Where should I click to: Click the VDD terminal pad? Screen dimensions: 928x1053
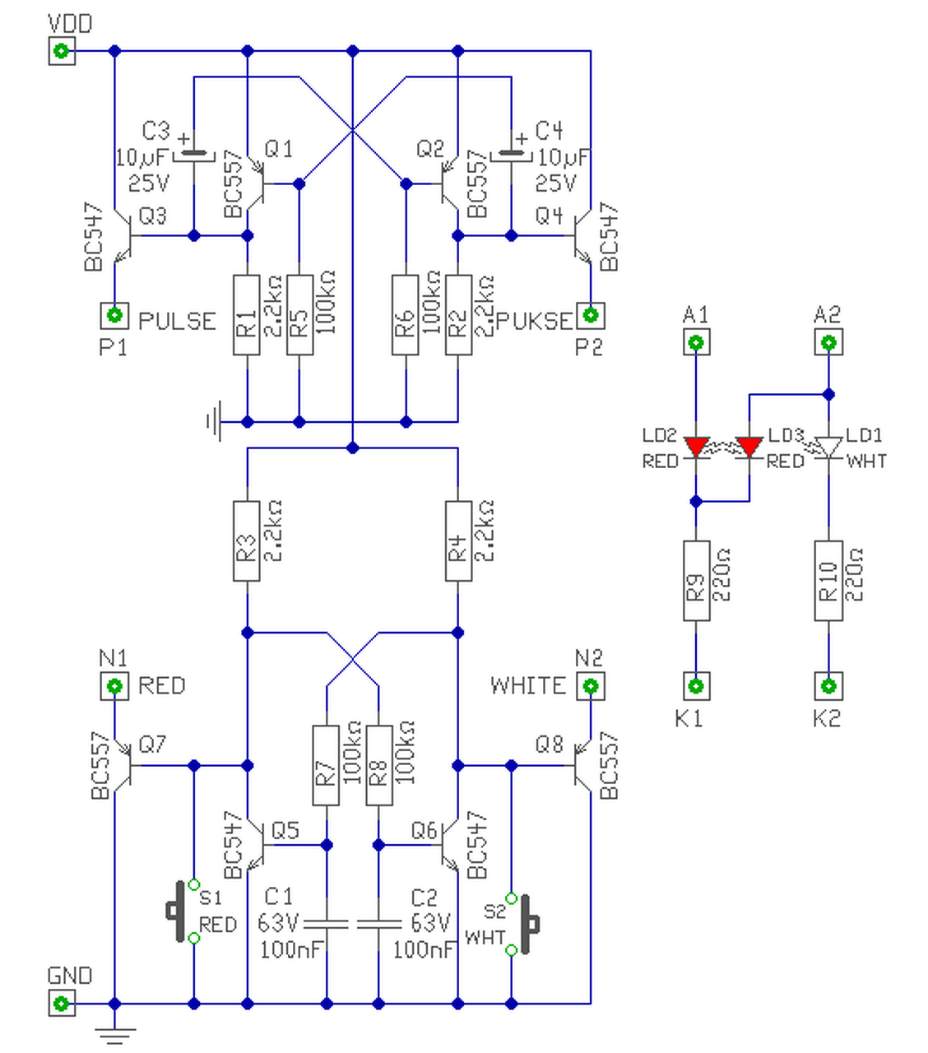[62, 51]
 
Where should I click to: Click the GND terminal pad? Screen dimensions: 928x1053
[62, 1003]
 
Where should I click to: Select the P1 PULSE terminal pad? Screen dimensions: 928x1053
[114, 315]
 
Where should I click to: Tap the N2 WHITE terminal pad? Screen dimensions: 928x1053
[590, 686]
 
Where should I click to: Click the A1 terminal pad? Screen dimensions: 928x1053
[696, 342]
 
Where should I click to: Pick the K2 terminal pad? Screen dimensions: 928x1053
[828, 686]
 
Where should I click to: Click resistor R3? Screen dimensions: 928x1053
[247, 540]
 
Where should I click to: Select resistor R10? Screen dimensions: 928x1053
[828, 580]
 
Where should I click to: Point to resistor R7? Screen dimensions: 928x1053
[326, 766]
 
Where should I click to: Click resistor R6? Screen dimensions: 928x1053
[405, 315]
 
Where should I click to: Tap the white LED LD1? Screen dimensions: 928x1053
[828, 448]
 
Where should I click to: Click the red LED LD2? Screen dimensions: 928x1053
[696, 448]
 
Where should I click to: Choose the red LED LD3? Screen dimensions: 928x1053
[749, 448]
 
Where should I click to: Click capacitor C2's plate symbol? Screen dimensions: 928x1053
[378, 924]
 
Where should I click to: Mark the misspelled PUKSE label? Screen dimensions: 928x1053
[535, 321]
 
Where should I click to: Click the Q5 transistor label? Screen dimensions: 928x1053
[285, 831]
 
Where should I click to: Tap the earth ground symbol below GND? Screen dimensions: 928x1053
[114, 1036]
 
